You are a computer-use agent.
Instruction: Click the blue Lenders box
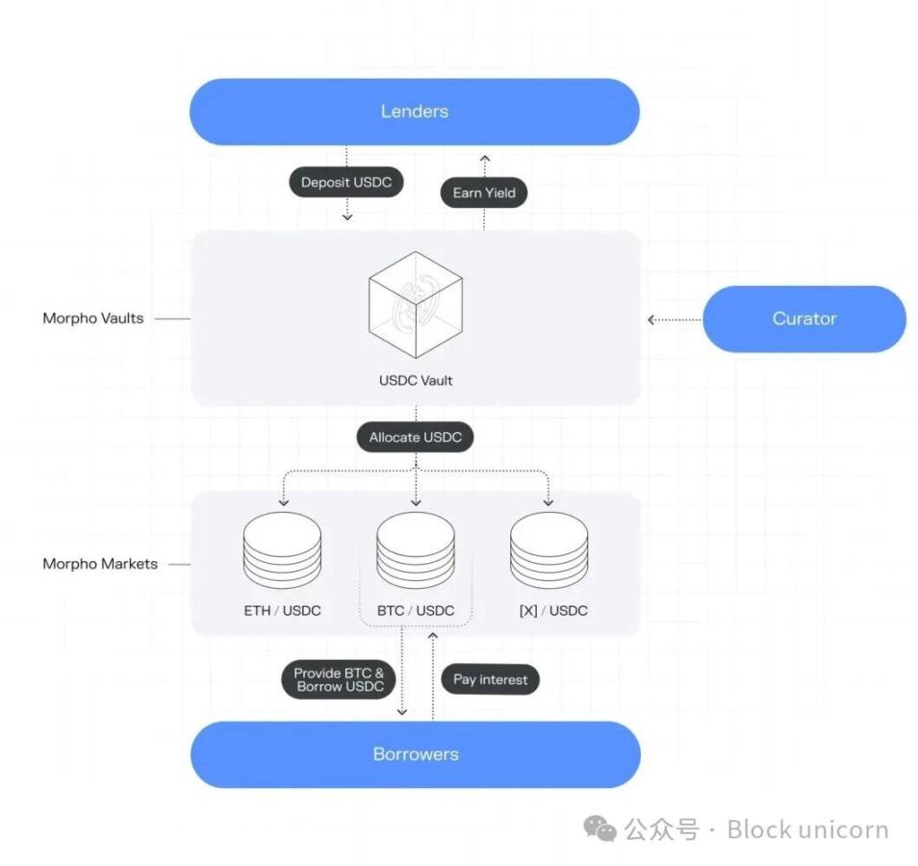tap(415, 112)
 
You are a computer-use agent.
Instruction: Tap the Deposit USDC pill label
tap(346, 183)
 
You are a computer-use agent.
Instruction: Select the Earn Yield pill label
tap(484, 192)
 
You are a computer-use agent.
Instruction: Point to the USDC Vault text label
tap(416, 380)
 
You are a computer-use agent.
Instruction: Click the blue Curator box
tap(804, 318)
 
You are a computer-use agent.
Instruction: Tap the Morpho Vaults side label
tap(92, 318)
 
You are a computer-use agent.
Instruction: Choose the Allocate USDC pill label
tap(416, 437)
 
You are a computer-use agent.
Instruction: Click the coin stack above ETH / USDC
tap(283, 550)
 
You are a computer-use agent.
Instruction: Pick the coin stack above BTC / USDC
tap(416, 550)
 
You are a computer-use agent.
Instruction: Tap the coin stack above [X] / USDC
tap(548, 550)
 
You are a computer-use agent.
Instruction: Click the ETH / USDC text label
tap(283, 611)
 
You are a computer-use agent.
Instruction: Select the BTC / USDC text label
tap(416, 611)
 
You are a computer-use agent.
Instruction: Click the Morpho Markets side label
tap(100, 564)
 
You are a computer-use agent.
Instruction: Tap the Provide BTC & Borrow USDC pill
tap(339, 679)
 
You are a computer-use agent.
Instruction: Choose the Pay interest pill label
tap(491, 679)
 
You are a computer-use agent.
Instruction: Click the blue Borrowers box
tap(416, 754)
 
